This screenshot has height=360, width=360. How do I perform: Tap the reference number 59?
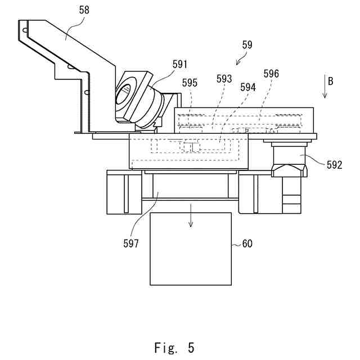(247, 44)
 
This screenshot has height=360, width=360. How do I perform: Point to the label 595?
(190, 83)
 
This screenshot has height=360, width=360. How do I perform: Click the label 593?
(224, 79)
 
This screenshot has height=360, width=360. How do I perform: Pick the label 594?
(247, 87)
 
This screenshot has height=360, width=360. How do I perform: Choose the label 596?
(271, 74)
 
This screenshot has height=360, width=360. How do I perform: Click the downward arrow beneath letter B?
(325, 90)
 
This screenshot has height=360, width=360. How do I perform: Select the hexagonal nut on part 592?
(289, 169)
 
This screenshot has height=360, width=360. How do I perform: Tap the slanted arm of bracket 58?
(84, 51)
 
